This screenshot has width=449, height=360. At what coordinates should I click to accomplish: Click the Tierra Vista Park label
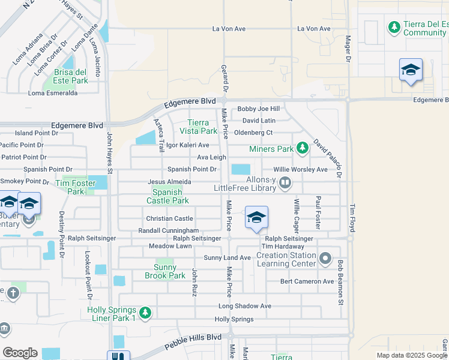tap(199, 127)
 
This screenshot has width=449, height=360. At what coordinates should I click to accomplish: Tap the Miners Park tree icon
tap(302, 148)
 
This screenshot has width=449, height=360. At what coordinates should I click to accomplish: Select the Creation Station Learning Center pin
tap(325, 259)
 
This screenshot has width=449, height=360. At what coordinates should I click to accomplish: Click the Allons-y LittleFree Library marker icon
tap(285, 182)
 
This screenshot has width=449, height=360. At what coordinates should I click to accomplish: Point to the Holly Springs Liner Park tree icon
tap(145, 313)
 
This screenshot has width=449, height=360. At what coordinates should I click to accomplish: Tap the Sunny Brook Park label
tap(165, 271)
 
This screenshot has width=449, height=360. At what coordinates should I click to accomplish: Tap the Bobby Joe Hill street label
tap(259, 109)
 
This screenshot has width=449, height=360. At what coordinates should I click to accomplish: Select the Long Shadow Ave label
tap(245, 306)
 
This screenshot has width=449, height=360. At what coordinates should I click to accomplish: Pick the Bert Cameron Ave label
tap(307, 281)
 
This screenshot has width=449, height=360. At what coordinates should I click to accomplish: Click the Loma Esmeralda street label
tap(53, 93)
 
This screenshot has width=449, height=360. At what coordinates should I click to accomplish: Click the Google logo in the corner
tap(20, 353)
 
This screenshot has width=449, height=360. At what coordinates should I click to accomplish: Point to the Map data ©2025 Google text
tap(411, 355)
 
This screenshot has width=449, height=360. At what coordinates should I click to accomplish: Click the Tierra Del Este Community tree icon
tap(394, 28)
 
